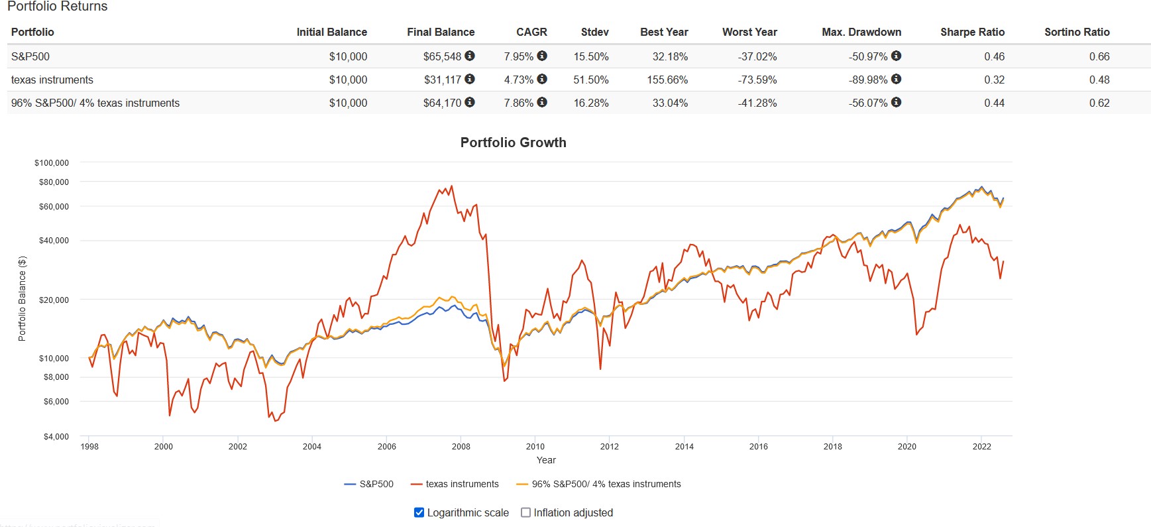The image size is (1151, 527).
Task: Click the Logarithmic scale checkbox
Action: pos(419,512)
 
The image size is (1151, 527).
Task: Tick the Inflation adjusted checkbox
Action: pos(526,512)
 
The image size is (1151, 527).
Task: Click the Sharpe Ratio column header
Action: pos(972,32)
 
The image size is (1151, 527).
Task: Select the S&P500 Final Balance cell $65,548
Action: pos(442,56)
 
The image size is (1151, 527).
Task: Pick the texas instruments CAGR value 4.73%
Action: pos(518,80)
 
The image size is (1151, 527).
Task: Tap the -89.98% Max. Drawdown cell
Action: pos(867,80)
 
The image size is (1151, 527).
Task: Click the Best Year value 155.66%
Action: pos(667,80)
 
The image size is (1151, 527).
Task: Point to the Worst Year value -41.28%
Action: pos(757,103)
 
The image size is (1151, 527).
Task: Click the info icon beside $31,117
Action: pos(470,79)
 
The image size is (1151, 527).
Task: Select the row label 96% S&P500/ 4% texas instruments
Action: pos(95,103)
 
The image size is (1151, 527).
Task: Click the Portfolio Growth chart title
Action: pos(513,143)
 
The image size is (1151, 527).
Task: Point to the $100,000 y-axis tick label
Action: pos(52,162)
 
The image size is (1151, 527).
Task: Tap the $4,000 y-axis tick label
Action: pos(56,436)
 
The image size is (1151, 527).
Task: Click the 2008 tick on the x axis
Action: pos(461,446)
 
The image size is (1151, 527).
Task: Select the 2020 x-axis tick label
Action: pos(906,446)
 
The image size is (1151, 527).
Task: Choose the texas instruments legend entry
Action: pos(462,484)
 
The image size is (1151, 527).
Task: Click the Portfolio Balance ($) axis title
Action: pos(22,298)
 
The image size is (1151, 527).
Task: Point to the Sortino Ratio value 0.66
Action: pos(1099,56)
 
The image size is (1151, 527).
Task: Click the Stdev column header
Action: pos(594,32)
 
